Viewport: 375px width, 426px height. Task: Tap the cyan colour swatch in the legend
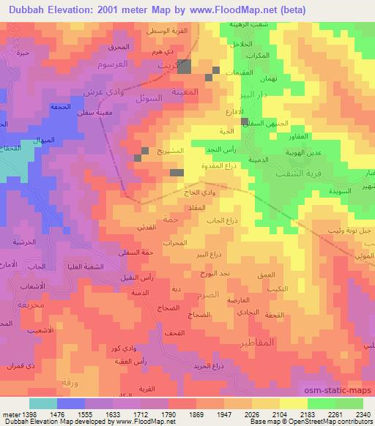click(x=42, y=403)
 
